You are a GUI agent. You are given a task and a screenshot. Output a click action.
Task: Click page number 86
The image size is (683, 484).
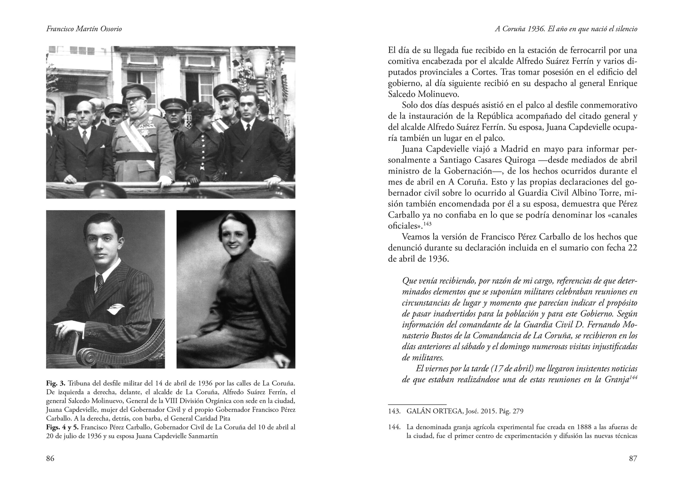pos(50,458)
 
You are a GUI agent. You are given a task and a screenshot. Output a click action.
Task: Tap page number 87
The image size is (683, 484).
pos(633,458)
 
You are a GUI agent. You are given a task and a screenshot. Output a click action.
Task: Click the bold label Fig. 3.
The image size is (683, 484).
pos(55,383)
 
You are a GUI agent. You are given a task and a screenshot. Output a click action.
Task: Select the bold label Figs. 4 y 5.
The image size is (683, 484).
pos(62,427)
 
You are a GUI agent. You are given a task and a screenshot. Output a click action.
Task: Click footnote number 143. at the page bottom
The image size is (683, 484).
pos(394,411)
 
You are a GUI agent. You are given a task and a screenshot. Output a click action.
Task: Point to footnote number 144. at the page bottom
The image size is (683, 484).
pos(394,427)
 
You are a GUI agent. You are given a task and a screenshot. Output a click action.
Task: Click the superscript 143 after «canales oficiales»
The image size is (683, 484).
pos(427,224)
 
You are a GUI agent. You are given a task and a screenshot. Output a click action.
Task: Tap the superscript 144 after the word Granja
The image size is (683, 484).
pos(633,377)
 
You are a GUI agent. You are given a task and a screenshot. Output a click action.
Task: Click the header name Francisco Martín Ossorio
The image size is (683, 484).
pos(84,29)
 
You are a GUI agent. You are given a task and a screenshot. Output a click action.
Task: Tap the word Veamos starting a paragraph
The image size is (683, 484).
pos(415,237)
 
